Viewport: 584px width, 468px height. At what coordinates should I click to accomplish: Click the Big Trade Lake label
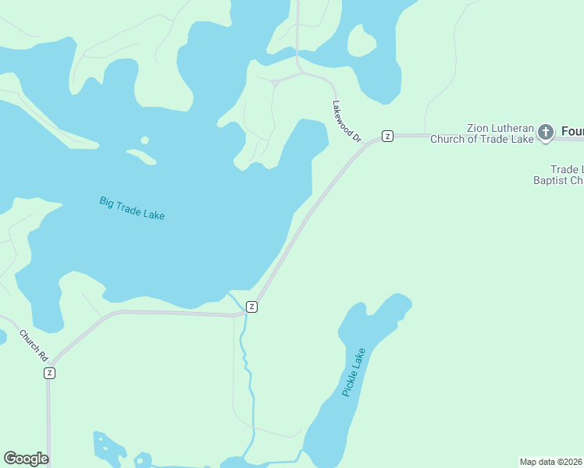[x=132, y=207]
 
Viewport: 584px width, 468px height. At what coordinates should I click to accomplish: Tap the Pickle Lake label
[x=354, y=373]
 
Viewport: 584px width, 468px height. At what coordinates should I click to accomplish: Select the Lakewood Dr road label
[x=347, y=121]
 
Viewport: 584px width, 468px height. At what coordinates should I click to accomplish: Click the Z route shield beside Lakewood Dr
[x=386, y=136]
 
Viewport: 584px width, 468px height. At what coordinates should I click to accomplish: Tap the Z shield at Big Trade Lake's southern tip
[x=251, y=307]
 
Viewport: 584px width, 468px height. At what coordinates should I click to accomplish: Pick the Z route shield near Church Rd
[x=50, y=373]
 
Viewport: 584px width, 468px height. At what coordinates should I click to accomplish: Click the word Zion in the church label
[x=478, y=128]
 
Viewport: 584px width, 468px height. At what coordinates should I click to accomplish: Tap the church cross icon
[x=546, y=133]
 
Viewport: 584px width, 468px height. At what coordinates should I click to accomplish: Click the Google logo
[x=26, y=459]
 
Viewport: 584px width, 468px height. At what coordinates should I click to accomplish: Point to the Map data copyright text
[x=551, y=461]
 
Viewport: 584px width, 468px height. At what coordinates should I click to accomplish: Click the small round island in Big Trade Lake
[x=144, y=141]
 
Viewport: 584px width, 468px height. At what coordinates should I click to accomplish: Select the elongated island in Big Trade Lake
[x=141, y=156]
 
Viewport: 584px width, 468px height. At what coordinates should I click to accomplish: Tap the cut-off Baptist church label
[x=557, y=180]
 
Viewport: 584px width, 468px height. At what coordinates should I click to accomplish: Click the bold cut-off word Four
[x=572, y=132]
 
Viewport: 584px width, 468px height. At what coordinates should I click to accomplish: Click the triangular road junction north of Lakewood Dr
[x=275, y=83]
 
